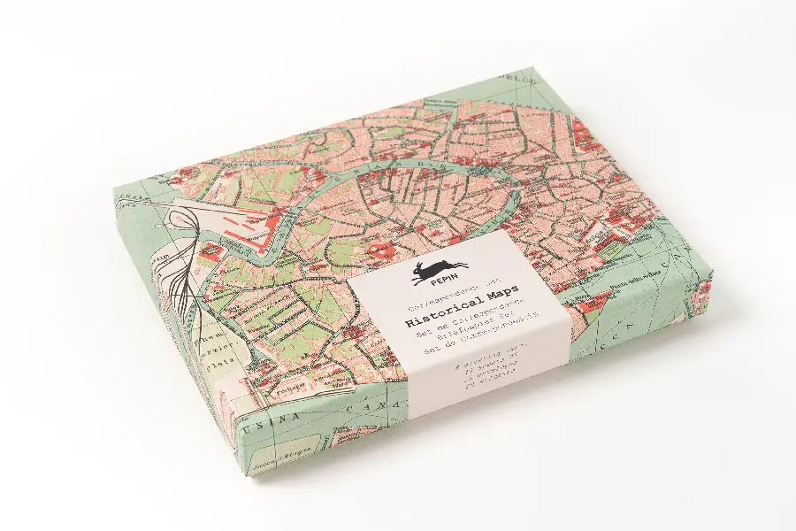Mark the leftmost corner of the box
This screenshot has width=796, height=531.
[114, 189]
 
